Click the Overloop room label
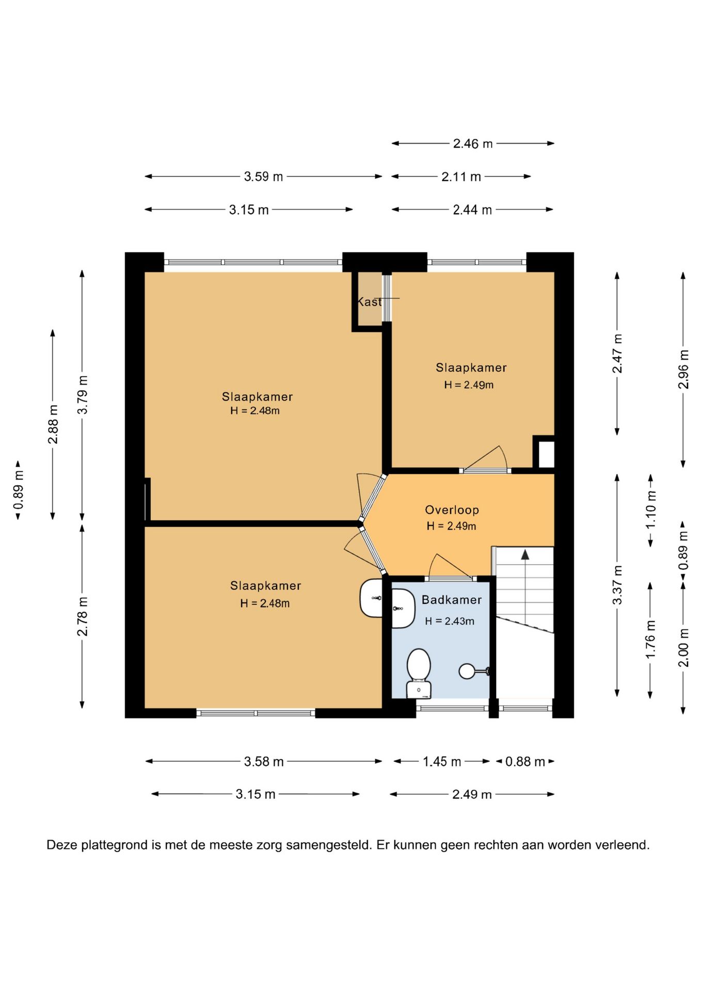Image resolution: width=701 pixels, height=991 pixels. pos(452,510)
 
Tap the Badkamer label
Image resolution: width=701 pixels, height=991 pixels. pos(452,600)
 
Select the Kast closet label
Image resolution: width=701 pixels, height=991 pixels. pos(370,301)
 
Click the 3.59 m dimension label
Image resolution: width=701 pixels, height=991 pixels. pos(263,177)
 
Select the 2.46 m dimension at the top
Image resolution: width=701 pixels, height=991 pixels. pos(473,143)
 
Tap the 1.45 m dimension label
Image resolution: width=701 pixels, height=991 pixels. pos(442,761)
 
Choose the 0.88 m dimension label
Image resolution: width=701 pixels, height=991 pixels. pos(525,761)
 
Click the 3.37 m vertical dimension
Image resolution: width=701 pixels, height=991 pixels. pos(617,585)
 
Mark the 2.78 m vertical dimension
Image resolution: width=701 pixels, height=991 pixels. pos(83,616)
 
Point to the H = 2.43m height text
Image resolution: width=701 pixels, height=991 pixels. pos(450,621)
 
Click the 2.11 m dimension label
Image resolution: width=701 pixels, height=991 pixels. pos(461,177)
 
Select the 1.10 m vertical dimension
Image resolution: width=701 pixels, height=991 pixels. pos(651,510)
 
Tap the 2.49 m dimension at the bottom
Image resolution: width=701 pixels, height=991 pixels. pos(472,794)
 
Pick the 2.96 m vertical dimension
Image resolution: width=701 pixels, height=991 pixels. pos(683,370)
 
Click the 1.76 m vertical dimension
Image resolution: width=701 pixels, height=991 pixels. pos(650,639)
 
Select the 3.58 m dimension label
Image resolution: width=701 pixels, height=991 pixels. pos(264,761)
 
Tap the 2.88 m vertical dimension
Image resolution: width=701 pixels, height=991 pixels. pos(53,424)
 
